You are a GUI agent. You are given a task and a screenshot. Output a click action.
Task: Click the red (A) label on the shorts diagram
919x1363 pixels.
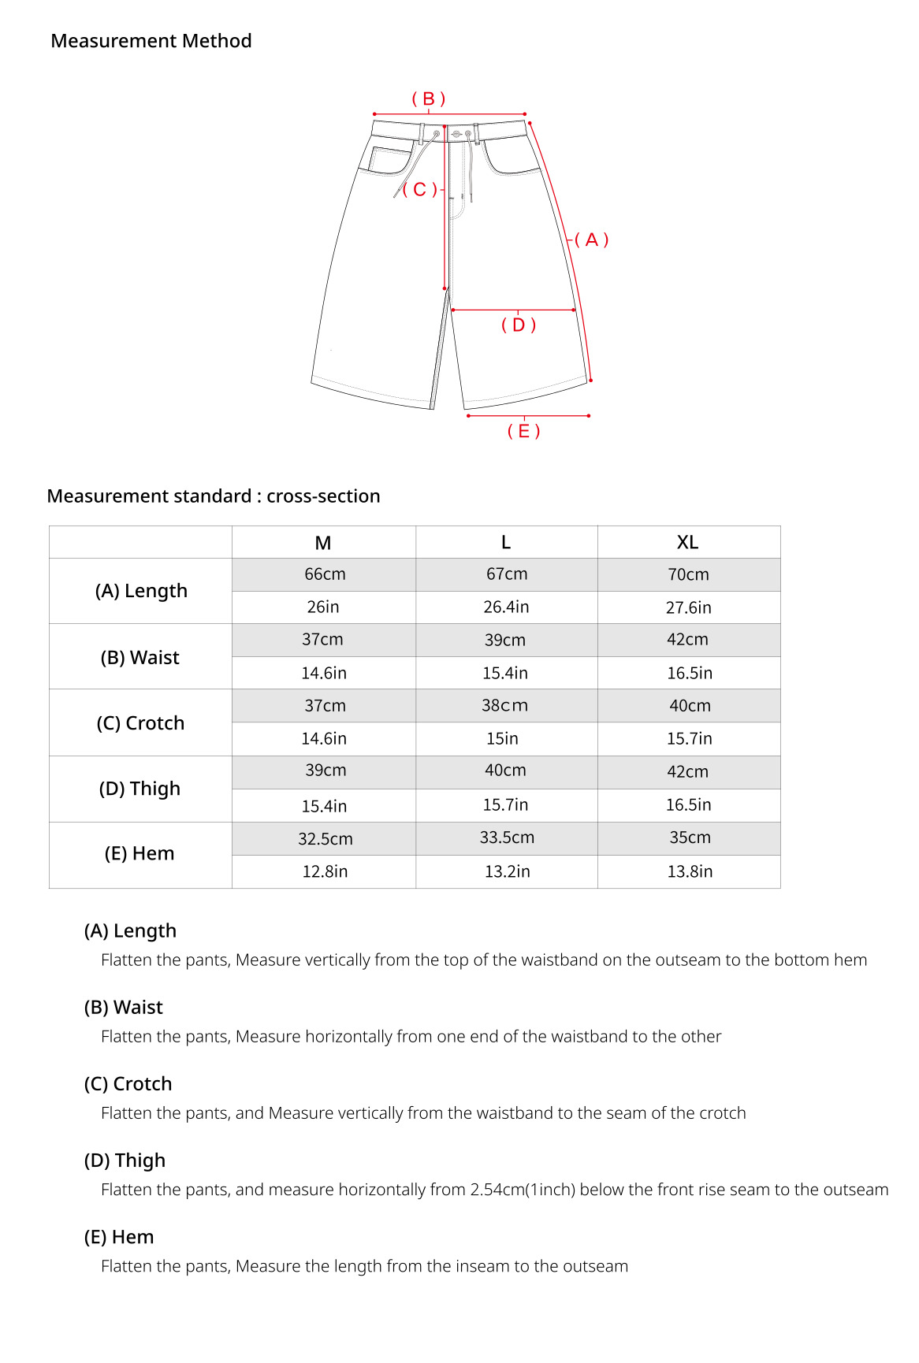591,240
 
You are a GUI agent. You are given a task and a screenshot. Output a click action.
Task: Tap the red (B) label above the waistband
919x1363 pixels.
429,98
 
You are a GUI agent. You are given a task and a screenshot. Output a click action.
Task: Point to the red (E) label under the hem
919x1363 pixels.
523,431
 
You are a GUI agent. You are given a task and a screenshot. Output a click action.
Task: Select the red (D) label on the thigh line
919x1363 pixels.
519,325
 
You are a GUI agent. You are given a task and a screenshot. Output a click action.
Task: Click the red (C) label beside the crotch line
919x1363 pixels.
419,189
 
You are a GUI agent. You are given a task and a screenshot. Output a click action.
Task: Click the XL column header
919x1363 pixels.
687,542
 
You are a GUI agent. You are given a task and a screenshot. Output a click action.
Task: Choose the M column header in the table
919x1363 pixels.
323,543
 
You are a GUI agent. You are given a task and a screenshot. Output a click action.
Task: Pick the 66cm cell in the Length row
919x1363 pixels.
325,574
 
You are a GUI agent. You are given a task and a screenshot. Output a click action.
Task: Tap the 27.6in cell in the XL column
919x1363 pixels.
688,607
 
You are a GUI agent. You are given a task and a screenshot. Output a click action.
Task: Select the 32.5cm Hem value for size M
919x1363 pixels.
325,839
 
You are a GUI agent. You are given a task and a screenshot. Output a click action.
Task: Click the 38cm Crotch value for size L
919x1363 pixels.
505,706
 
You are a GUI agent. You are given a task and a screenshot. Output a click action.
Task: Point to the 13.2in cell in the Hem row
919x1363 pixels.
507,871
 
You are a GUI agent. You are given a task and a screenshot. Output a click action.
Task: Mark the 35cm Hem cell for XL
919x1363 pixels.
690,837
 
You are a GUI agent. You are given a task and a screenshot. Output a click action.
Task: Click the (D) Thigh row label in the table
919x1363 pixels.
140,789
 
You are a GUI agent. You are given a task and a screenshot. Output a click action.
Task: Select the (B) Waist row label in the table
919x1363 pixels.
140,657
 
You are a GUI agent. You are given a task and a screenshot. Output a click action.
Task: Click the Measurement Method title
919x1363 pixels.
151,41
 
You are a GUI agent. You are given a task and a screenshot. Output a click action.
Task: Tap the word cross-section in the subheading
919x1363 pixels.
323,496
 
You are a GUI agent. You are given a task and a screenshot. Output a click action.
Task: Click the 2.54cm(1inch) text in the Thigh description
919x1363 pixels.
523,1190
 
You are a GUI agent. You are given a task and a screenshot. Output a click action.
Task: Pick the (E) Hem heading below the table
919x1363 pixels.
119,1237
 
